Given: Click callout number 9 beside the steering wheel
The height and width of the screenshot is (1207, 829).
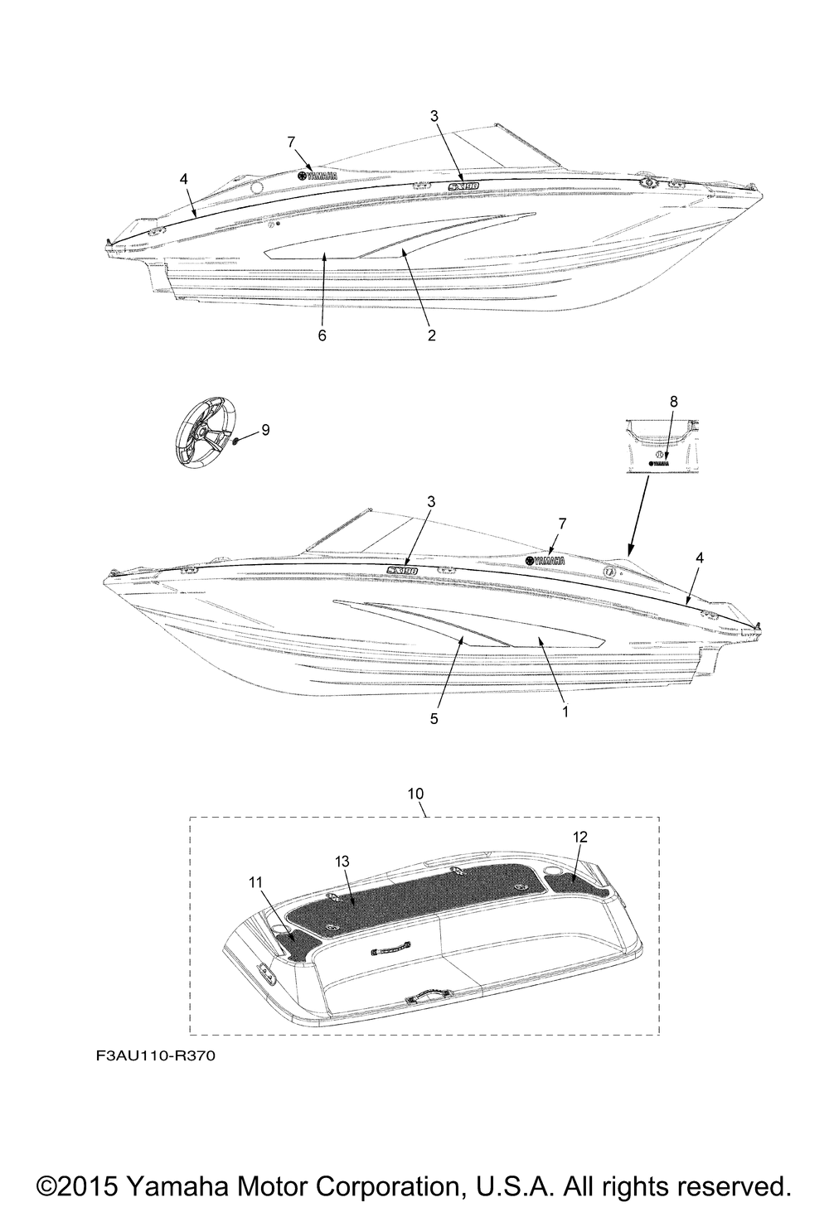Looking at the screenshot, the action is pos(265,429).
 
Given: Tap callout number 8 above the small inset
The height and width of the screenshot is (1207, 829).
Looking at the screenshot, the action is pos(673,401).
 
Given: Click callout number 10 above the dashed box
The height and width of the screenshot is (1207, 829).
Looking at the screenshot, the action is pos(416,794).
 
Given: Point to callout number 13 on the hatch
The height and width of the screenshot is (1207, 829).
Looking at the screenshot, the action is pos(341,862).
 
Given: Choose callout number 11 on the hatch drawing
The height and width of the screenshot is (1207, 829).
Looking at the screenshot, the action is pos(255,883).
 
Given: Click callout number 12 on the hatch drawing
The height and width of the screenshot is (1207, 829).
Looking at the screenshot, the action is pos(580,838).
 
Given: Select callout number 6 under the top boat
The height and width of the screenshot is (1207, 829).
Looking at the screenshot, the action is pos(322,336).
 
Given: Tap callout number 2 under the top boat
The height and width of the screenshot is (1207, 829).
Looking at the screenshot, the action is pos(431,336).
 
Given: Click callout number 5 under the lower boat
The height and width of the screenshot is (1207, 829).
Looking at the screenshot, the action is pos(434,719).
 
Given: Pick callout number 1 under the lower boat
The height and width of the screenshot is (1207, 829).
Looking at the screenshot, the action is pos(565,711).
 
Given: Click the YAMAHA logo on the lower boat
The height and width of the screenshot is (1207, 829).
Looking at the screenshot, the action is pos(545,561).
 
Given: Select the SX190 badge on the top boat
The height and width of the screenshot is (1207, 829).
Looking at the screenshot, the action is pos(469,188).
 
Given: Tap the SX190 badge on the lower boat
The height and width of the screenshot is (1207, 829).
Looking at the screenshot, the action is pos(401,570).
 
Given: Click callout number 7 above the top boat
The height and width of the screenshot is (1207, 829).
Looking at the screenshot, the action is pos(291,142).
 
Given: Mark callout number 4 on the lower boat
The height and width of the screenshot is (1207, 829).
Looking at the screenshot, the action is pos(700,558).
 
